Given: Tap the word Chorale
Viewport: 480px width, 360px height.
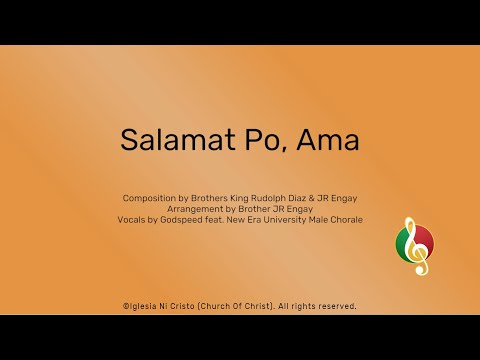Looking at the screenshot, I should [345, 219].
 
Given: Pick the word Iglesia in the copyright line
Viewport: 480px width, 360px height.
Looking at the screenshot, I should [142, 305].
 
